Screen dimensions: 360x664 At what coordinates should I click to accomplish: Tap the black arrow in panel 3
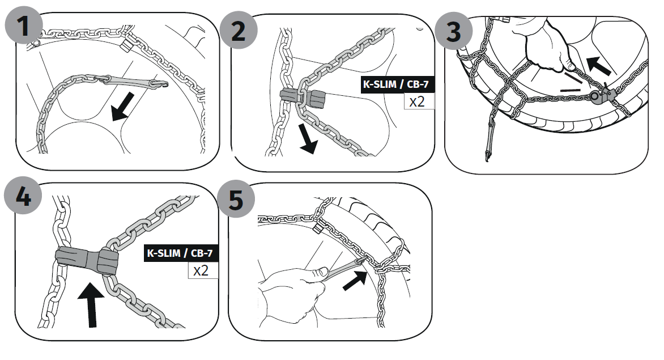(598, 66)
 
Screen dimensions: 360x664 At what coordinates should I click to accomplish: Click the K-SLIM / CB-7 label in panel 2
(398, 84)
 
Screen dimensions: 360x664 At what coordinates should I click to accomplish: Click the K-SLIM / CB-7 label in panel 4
(181, 252)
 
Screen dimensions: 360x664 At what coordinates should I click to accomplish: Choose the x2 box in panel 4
(202, 270)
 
